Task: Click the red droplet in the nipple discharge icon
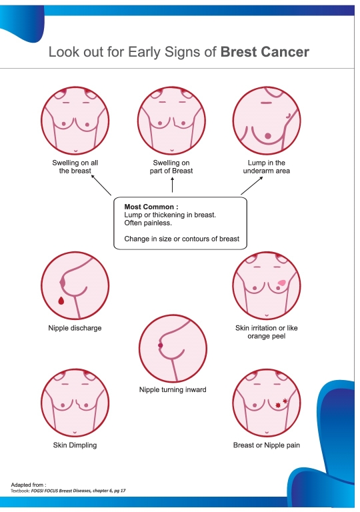point(61,300)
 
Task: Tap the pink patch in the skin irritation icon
point(282,283)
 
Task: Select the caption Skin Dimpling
point(75,445)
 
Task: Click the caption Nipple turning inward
point(173,389)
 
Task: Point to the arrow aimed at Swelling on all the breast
point(101,185)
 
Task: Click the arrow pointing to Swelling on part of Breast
point(172,185)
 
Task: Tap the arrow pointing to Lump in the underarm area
point(252,185)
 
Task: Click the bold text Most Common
point(151,207)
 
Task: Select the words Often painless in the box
point(147,223)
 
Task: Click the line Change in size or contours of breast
point(181,239)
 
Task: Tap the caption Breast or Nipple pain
point(266,445)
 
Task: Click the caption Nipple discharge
point(75,328)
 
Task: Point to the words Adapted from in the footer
point(29,485)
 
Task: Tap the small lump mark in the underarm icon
point(288,115)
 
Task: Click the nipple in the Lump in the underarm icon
point(267,135)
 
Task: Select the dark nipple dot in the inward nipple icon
point(161,345)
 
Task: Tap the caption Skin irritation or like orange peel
point(266,332)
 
